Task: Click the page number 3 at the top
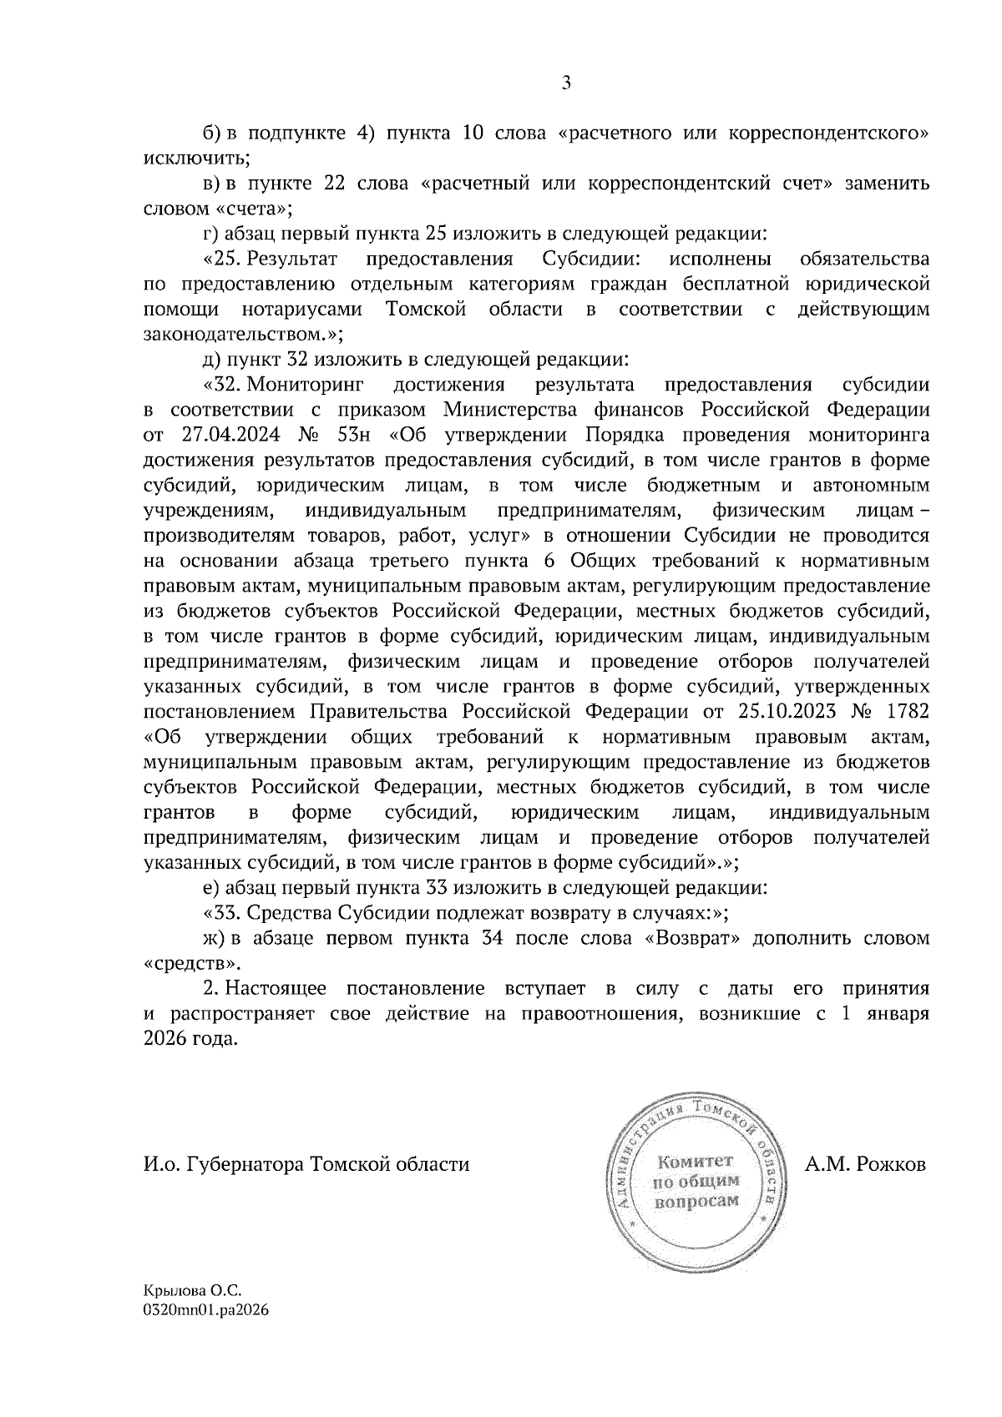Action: tap(565, 83)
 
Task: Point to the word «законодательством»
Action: tap(241, 335)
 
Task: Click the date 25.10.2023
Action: tap(790, 712)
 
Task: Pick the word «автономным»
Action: tap(873, 485)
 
